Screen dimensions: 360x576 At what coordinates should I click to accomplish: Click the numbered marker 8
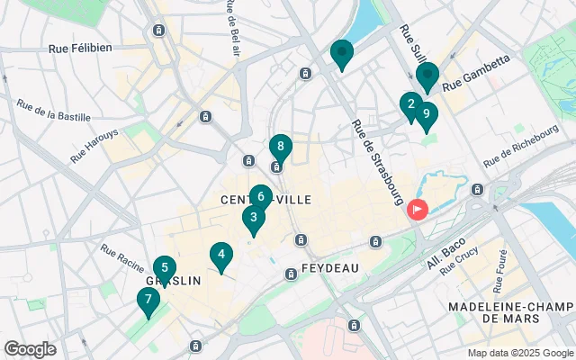281,146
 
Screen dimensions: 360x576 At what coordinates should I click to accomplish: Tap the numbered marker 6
260,196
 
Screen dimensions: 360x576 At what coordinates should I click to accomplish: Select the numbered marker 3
254,217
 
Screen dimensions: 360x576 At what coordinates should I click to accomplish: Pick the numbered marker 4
220,255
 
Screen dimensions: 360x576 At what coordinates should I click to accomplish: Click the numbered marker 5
164,267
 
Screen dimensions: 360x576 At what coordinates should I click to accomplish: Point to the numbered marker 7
148,299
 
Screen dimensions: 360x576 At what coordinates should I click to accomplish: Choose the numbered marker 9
426,114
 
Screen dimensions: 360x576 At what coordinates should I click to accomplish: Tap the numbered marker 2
411,104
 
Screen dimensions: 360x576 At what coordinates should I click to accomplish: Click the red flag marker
418,210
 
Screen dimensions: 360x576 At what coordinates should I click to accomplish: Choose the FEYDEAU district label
329,268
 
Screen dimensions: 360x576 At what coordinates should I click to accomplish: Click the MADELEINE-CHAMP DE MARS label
510,312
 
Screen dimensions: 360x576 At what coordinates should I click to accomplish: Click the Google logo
30,348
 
